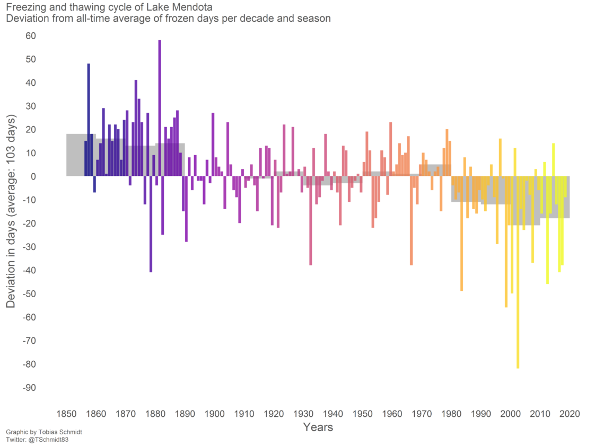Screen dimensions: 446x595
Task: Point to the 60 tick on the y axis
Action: coord(30,36)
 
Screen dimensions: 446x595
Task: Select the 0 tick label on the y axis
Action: coord(32,177)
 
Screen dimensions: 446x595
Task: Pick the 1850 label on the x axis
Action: coord(66,414)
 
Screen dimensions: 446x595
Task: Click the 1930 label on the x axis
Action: coord(303,414)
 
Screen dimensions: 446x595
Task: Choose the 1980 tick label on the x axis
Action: coord(451,414)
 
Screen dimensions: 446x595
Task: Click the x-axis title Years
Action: coord(318,427)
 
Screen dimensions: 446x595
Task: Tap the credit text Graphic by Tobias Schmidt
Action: coord(44,432)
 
